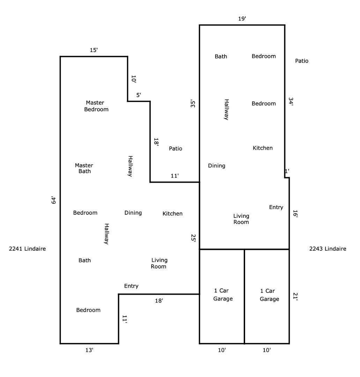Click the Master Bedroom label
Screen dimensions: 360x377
tap(96, 106)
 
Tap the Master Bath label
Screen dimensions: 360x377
tap(84, 168)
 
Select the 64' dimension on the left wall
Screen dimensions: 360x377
tap(54, 200)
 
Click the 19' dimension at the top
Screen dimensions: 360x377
tap(242, 19)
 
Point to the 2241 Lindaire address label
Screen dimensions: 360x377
tap(28, 249)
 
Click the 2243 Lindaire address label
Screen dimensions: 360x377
tap(328, 249)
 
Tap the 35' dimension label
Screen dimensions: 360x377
tap(193, 104)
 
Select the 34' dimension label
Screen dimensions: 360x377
tap(291, 102)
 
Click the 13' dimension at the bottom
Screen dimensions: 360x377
tap(89, 350)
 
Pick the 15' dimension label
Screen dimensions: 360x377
tap(94, 50)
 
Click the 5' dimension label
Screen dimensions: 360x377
tap(139, 95)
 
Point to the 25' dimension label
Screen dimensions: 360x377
tap(193, 238)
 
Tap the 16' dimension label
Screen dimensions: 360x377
tap(295, 214)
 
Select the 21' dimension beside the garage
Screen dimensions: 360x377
tap(295, 296)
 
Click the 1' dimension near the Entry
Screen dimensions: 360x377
tap(287, 171)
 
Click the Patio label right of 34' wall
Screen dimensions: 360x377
tap(302, 61)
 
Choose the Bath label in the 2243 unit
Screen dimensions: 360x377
tap(221, 56)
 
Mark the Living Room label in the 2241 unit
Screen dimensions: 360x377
tap(159, 263)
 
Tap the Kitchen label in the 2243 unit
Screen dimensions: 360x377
tap(263, 148)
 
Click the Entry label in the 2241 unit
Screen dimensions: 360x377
tap(131, 286)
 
